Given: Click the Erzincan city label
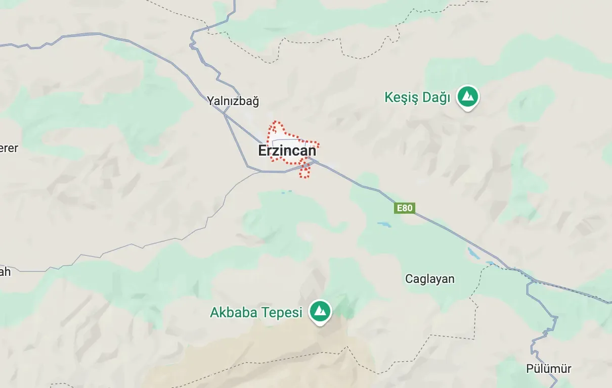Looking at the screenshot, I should (x=287, y=151).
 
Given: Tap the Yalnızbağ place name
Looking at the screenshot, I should (x=233, y=101).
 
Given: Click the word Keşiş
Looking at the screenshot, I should (x=402, y=98).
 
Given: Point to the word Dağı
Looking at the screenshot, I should (x=436, y=98).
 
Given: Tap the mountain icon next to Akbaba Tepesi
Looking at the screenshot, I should (x=320, y=311).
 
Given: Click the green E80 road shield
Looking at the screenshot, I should (x=405, y=208).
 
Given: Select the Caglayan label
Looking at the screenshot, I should (x=430, y=279).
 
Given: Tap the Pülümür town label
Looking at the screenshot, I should (x=549, y=369).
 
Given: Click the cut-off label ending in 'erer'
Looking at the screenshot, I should (x=9, y=148).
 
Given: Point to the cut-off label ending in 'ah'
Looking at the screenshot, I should (x=5, y=272).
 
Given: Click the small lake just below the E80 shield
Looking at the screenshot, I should (x=384, y=224).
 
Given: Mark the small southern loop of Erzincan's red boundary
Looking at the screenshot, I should (x=304, y=172).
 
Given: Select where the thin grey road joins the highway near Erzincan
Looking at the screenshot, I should (x=261, y=172).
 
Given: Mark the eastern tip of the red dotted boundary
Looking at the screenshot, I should (x=319, y=143).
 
